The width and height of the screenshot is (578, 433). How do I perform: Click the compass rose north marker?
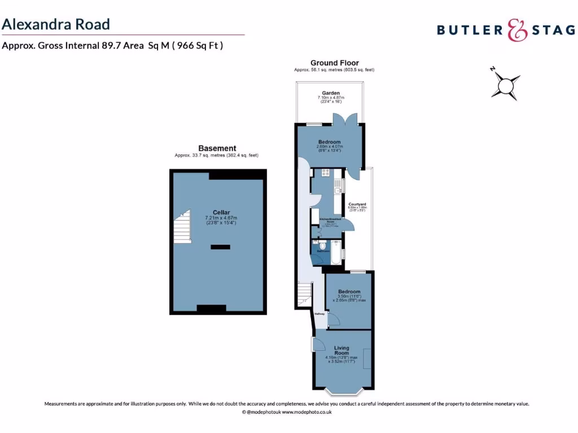(493, 69)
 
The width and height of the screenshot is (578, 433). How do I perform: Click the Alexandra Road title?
(55, 24)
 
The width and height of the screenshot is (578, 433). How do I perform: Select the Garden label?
(331, 93)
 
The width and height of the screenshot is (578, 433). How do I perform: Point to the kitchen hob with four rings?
(326, 171)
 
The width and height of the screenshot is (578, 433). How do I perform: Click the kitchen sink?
(337, 187)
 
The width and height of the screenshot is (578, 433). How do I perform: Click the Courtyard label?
(357, 204)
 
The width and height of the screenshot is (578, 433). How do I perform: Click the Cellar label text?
(221, 212)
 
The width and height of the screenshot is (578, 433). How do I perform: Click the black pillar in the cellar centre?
(221, 247)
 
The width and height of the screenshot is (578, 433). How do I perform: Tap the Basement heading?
(217, 148)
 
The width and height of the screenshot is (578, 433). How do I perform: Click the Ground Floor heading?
(334, 63)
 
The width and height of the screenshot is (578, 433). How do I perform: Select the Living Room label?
(341, 350)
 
